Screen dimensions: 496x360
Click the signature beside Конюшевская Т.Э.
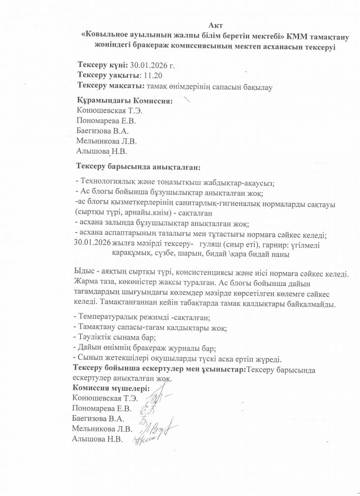pyautogui.click(x=157, y=397)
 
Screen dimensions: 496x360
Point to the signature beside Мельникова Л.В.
pyautogui.click(x=162, y=429)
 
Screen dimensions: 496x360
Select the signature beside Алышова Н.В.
pyautogui.click(x=148, y=439)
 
